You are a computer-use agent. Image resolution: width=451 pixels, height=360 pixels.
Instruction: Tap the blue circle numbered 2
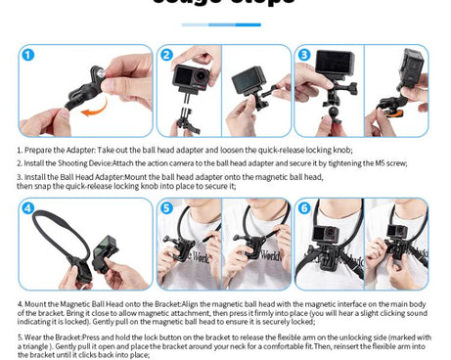click(167, 56)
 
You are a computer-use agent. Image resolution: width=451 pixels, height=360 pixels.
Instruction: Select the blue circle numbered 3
click(304, 56)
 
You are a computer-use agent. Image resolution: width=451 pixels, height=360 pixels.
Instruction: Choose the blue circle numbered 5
click(167, 209)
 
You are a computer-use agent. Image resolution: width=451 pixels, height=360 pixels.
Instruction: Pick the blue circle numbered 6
click(304, 209)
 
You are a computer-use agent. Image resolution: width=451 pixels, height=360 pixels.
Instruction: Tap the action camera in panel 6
click(396, 236)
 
